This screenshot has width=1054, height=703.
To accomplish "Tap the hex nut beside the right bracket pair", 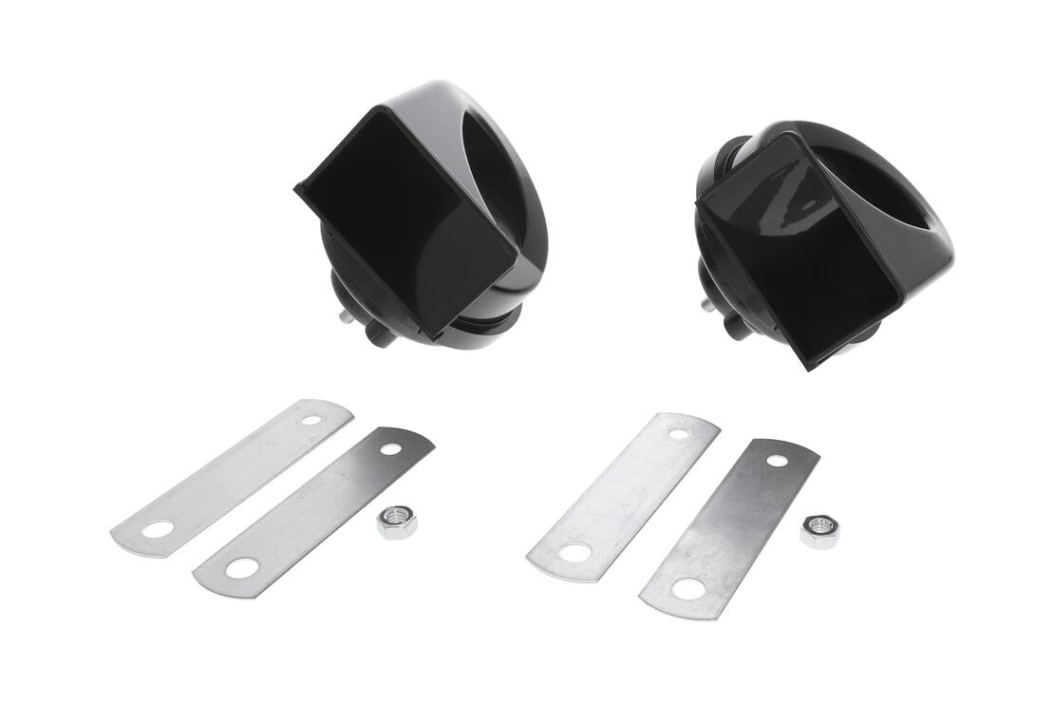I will [x=819, y=531].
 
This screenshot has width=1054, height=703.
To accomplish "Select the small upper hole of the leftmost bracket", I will [x=311, y=418].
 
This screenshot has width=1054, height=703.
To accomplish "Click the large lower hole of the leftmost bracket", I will [x=158, y=528].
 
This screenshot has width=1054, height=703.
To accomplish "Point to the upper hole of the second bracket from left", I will [x=391, y=446].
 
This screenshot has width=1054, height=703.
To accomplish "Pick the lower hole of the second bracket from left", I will [x=242, y=568].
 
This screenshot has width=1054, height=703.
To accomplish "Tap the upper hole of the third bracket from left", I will [x=678, y=433].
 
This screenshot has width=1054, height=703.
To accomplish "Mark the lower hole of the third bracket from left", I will [x=574, y=552].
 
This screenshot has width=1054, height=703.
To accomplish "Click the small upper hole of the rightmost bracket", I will [x=777, y=461].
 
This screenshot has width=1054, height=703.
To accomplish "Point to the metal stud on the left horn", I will [x=348, y=315].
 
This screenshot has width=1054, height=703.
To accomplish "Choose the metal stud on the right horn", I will [x=708, y=305].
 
